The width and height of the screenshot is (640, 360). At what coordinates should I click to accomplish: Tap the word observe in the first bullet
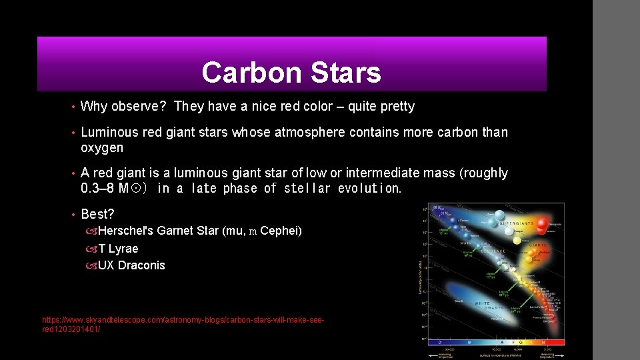click(139, 107)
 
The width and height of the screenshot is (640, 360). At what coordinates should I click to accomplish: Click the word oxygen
click(102, 148)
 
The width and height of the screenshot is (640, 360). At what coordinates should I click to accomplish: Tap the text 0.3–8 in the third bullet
click(97, 189)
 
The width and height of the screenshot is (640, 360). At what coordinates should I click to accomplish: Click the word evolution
click(370, 189)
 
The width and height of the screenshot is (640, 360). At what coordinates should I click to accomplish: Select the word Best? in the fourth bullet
click(97, 215)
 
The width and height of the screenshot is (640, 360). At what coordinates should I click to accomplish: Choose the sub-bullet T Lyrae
click(118, 249)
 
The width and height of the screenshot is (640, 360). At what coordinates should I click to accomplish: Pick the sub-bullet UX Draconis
click(131, 265)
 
